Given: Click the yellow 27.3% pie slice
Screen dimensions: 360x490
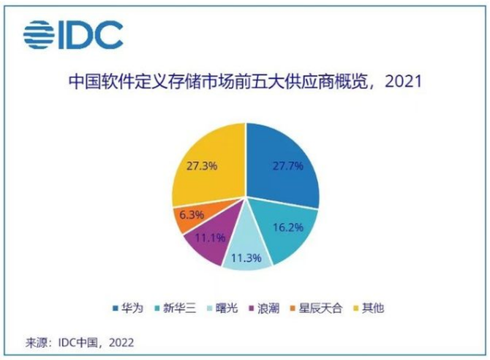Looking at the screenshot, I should [208, 168].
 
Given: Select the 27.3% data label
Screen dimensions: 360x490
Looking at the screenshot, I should [201, 165].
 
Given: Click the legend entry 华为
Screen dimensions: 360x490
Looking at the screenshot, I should [132, 307].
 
